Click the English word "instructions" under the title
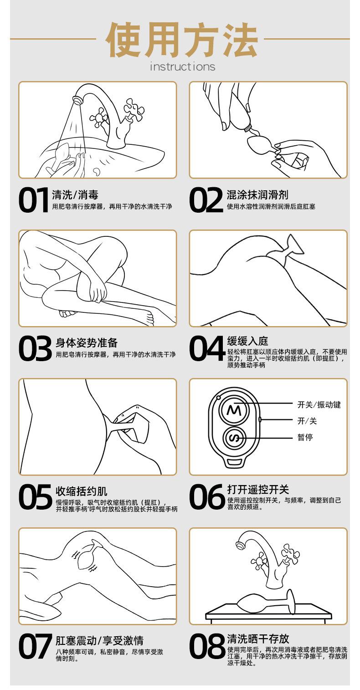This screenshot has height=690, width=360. pos(182,66)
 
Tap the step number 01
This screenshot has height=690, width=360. pos(34,200)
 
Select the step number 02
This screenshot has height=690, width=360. pos(206,200)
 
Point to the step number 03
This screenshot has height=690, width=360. pos(35,348)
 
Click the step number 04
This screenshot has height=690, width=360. pos(207,348)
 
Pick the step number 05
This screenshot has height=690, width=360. pos(35,497)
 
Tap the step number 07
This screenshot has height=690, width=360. pos(35,646)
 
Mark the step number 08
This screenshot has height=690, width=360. pos(207,646)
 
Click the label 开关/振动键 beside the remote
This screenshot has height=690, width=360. pos(319,404)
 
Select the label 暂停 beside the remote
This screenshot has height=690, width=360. pos(305,437)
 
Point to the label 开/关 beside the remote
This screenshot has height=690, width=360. pos(307,421)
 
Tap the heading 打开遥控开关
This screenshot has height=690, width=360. pos(258,489)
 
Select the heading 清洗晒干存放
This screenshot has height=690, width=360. pos(258,639)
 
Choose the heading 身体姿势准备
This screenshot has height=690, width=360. pos(87,343)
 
